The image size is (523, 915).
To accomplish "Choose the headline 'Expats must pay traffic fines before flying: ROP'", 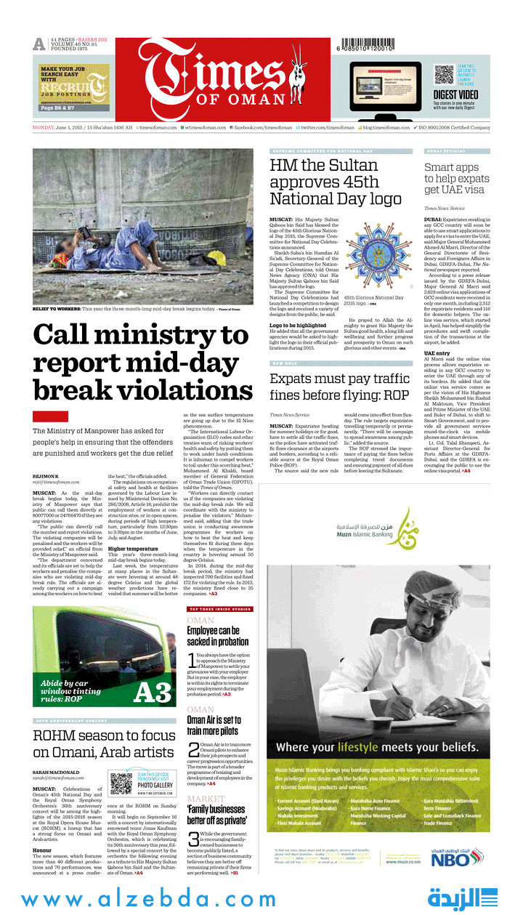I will point(340,387).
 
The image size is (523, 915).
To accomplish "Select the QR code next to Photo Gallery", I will point(121,783).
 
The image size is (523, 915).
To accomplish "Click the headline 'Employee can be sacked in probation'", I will point(214,637).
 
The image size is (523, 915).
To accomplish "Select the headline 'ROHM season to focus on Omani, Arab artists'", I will point(103,743).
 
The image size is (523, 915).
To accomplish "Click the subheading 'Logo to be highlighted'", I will point(298,325).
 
